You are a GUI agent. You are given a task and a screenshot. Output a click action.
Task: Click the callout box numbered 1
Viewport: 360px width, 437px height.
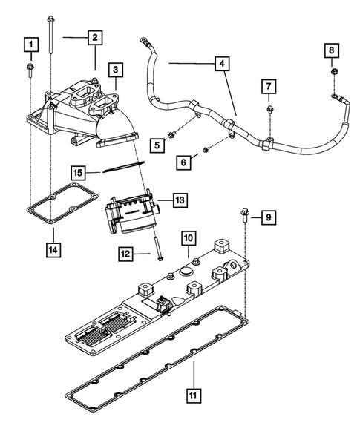coord(30,45)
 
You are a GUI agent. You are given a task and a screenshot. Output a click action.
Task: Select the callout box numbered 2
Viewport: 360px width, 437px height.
coord(94,37)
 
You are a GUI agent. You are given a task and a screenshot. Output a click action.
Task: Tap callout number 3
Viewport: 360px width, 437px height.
coord(116,70)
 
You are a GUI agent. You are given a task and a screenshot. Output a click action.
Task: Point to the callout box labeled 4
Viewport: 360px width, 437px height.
coord(220,65)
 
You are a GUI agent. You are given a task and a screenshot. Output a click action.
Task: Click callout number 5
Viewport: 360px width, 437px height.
coord(157,145)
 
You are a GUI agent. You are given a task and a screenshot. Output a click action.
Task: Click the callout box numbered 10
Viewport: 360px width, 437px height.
coord(189,238)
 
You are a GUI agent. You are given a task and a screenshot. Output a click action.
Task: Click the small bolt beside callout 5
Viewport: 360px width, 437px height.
coord(171,135)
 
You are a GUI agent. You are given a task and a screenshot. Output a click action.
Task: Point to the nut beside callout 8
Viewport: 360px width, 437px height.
coord(334,72)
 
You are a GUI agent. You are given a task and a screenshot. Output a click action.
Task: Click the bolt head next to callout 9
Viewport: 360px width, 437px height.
coord(244,214)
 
